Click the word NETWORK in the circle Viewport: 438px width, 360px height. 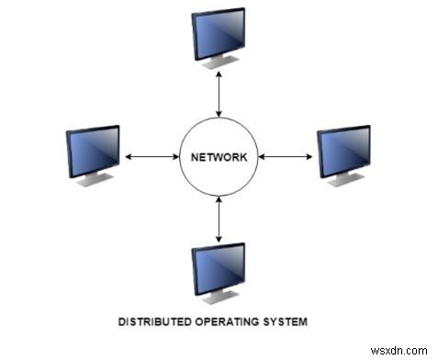219,156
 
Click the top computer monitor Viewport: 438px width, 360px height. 219,33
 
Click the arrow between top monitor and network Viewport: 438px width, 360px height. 219,96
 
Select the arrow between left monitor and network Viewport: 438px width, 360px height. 151,156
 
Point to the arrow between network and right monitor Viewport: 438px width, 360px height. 286,156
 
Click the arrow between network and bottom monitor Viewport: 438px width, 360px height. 219,219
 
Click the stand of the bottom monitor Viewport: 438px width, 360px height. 219,298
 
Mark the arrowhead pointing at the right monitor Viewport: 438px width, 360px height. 310,156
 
